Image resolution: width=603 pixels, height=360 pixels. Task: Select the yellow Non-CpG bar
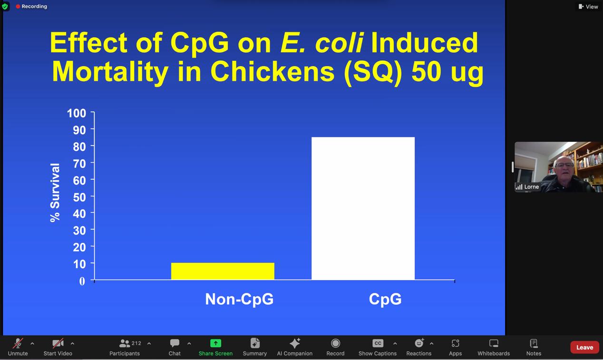pyautogui.click(x=223, y=271)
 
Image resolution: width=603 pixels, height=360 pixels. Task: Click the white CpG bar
pyautogui.click(x=363, y=208)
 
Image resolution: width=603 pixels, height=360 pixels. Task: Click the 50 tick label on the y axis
pyautogui.click(x=79, y=197)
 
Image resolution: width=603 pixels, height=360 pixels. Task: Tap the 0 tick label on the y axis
pyautogui.click(x=82, y=281)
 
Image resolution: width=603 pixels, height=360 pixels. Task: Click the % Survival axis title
pyautogui.click(x=55, y=193)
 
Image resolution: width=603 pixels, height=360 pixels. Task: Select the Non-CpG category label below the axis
pyautogui.click(x=239, y=299)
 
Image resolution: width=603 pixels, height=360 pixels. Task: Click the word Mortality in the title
pyautogui.click(x=110, y=72)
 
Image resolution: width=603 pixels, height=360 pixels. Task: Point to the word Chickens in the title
pyautogui.click(x=272, y=71)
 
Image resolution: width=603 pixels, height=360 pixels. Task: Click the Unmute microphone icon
pyautogui.click(x=18, y=343)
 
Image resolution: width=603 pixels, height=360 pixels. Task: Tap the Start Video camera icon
pyautogui.click(x=58, y=343)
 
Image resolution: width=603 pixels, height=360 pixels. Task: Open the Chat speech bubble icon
pyautogui.click(x=175, y=343)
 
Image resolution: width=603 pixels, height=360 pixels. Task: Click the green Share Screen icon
pyautogui.click(x=215, y=343)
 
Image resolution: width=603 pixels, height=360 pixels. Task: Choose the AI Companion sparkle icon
pyautogui.click(x=295, y=343)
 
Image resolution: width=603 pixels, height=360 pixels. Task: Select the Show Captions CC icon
pyautogui.click(x=378, y=343)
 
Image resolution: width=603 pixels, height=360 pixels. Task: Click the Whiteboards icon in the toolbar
pyautogui.click(x=494, y=343)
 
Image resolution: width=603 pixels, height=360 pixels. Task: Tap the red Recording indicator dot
pyautogui.click(x=18, y=7)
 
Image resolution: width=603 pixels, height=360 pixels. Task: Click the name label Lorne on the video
pyautogui.click(x=531, y=187)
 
